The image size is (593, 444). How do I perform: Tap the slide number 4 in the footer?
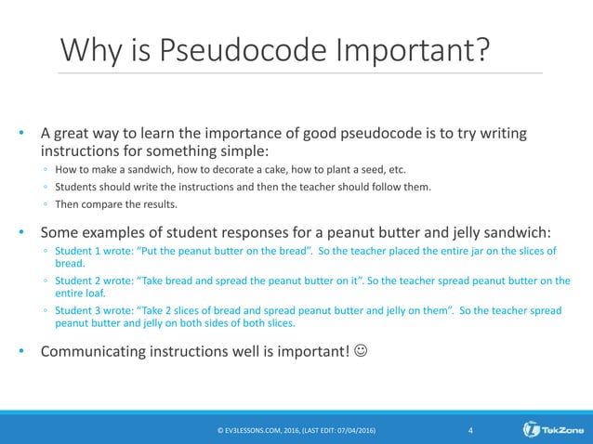coord(471,429)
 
